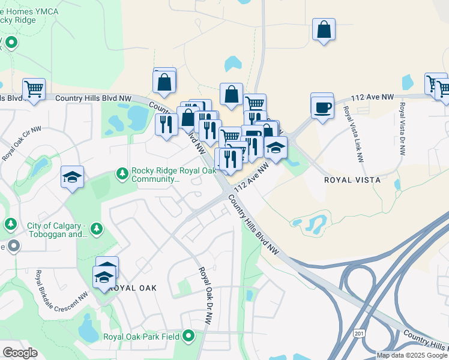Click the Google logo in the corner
[20, 353]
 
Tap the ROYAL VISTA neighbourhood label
[352, 179]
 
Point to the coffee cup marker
[322, 107]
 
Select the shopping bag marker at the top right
[324, 29]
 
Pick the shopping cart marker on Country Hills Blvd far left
[34, 89]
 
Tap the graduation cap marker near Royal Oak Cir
[73, 177]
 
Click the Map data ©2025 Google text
[411, 355]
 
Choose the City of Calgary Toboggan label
[58, 230]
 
